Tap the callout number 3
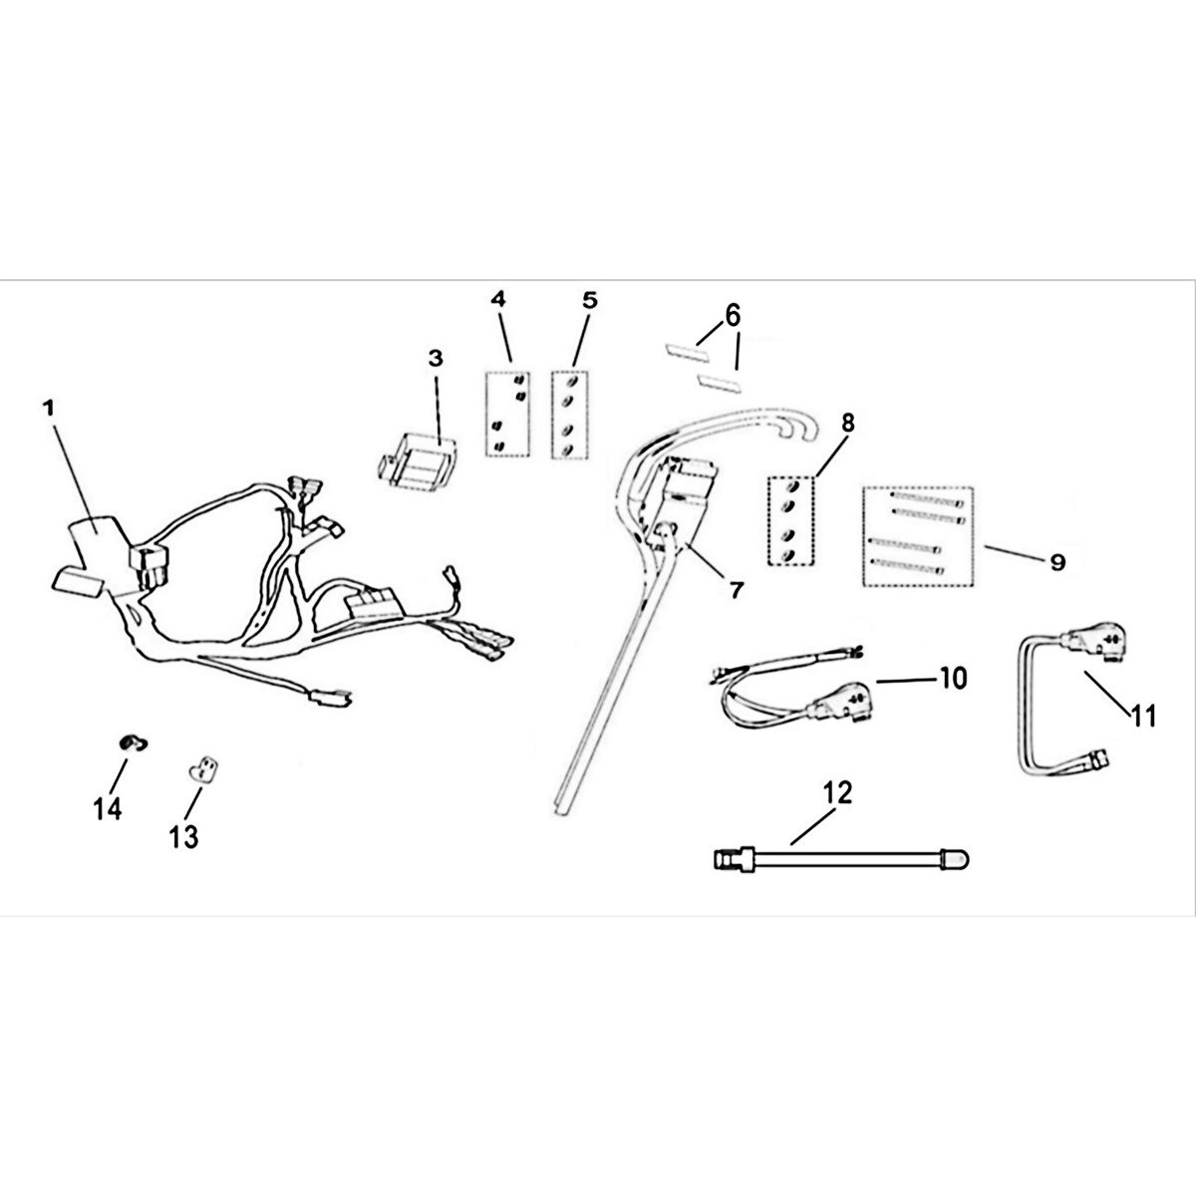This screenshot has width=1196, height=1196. (x=435, y=358)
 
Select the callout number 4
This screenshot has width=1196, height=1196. (x=498, y=298)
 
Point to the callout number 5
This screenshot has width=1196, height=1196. (x=589, y=298)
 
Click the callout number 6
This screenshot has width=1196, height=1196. (x=733, y=316)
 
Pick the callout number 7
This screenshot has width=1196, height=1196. (x=736, y=589)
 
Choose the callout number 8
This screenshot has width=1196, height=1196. (x=847, y=423)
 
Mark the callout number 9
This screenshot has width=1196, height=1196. (x=1056, y=562)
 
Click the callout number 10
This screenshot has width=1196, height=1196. (x=953, y=679)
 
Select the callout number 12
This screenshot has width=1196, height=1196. (x=838, y=793)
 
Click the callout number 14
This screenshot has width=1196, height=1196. (x=108, y=808)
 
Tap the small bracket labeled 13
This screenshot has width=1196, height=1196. (x=204, y=768)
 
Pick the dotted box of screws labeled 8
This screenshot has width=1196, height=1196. (x=791, y=521)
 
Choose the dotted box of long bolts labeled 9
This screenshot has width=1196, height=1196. (x=917, y=536)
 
